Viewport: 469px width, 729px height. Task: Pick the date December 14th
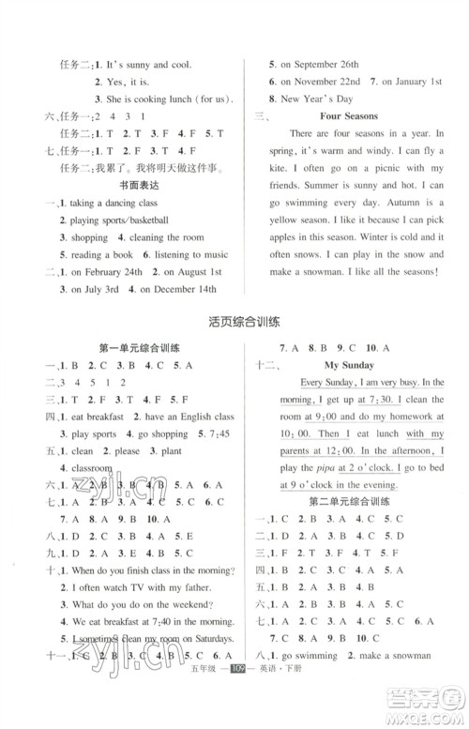(x=182, y=291)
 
